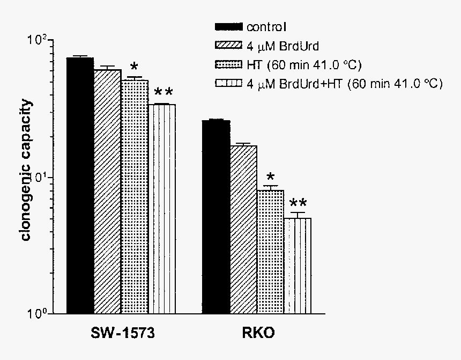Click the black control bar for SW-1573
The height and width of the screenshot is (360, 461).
[x=80, y=185]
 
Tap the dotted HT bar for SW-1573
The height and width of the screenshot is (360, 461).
[x=135, y=197]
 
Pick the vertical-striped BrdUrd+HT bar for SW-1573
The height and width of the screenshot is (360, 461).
[x=162, y=209]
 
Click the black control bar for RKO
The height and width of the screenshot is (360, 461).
[x=217, y=217]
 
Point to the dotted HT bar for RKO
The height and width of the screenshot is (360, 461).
[x=271, y=252]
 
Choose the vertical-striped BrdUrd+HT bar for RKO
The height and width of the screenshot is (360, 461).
[x=298, y=266]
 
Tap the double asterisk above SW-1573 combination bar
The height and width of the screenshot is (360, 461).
[x=163, y=92]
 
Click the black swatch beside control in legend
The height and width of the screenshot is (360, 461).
[x=229, y=27]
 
